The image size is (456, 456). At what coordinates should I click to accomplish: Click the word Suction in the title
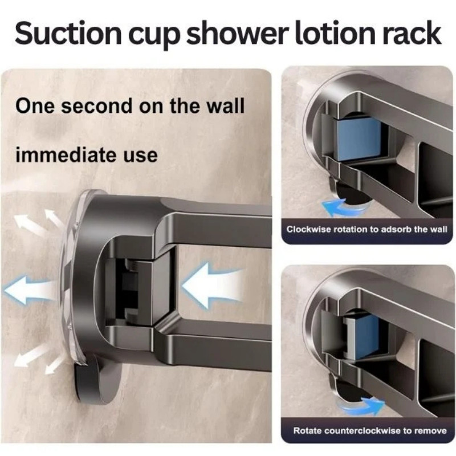(x=68, y=34)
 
